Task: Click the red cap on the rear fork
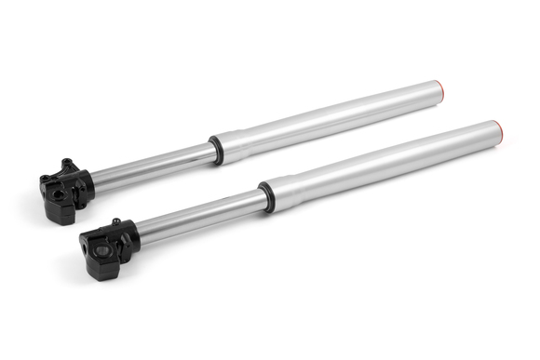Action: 439,91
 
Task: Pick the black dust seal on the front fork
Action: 266,197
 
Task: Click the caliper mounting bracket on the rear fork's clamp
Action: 70,167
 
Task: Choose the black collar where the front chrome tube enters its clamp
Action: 132,234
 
